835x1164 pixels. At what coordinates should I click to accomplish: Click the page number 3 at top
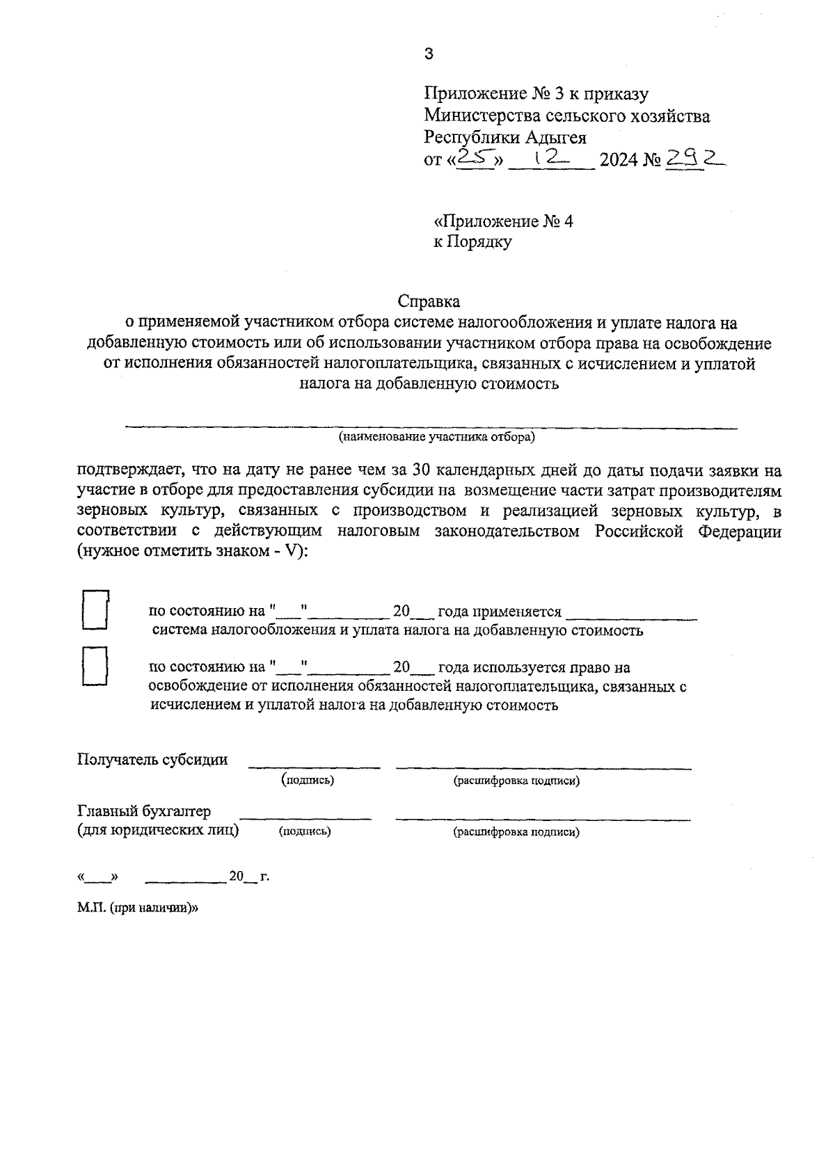coord(429,54)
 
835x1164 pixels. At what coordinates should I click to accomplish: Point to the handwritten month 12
coord(550,159)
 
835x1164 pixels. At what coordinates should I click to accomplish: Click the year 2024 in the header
coord(619,161)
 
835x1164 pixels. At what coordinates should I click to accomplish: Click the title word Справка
coord(429,302)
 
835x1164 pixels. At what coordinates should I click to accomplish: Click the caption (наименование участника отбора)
coord(437,437)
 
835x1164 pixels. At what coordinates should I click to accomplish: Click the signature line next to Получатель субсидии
coord(315,767)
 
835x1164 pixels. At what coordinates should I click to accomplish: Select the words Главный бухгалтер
coord(144,811)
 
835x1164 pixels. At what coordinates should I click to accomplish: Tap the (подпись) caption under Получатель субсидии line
coord(308,780)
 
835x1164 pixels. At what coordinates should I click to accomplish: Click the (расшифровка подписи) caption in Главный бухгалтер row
coord(516,831)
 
